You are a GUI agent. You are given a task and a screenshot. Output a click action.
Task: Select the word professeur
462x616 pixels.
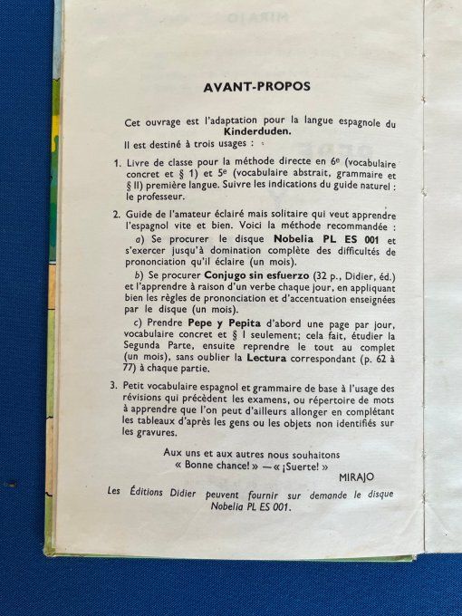tap(158, 196)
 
